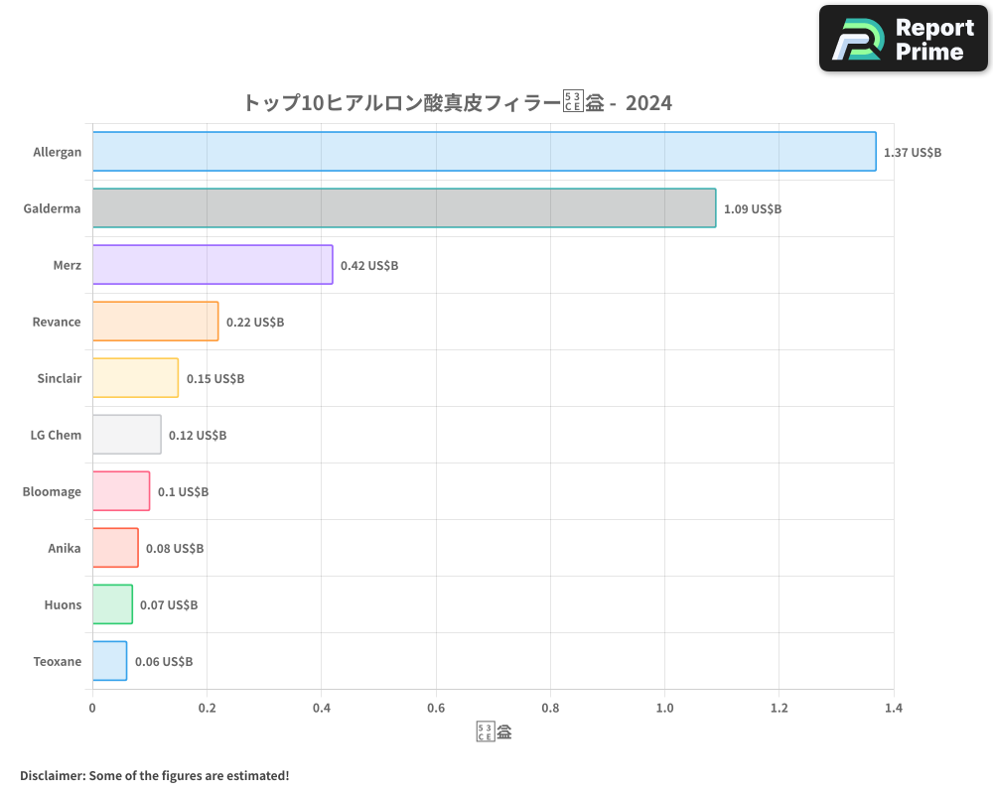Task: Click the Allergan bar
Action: (485, 152)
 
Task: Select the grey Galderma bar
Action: (404, 208)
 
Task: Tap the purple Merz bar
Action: (213, 265)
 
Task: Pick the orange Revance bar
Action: (155, 322)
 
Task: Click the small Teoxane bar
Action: (109, 661)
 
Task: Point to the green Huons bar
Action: (112, 604)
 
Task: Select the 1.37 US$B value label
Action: (913, 153)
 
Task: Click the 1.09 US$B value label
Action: (753, 209)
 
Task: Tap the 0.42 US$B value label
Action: (369, 266)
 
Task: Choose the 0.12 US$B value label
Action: (198, 436)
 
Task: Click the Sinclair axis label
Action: (60, 378)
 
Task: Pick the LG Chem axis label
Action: (57, 435)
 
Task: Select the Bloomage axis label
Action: (53, 491)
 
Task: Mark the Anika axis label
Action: (65, 548)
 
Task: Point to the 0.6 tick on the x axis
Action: (436, 708)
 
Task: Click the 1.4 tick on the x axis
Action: (894, 708)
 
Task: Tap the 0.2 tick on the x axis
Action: (207, 708)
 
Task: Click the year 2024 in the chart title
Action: (648, 102)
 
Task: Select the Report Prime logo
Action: (904, 39)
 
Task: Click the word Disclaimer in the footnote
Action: (51, 775)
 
